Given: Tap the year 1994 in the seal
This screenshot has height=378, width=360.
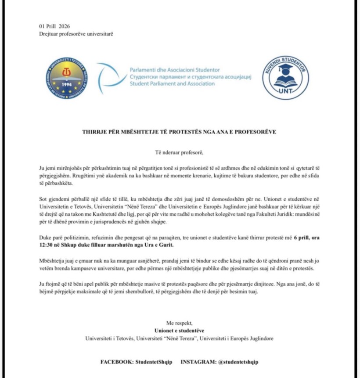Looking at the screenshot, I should pos(67,84).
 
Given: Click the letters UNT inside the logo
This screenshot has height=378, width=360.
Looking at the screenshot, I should pos(286,90).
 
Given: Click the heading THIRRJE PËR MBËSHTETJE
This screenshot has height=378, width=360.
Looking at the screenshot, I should pos(180,132).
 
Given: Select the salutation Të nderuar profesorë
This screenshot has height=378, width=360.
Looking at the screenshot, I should pos(180,153).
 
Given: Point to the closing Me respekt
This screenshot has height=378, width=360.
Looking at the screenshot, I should pos(180,323).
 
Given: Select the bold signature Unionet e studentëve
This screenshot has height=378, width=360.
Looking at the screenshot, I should pos(180,330).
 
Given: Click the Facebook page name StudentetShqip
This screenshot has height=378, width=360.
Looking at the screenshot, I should pos(154,362).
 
